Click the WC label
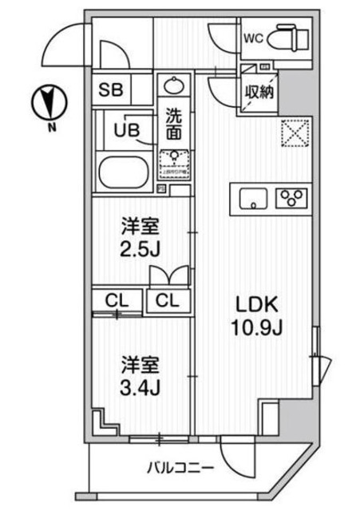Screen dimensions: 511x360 [x=253, y=37]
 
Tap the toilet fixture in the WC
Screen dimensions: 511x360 [x=285, y=36]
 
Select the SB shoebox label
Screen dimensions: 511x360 [x=111, y=89]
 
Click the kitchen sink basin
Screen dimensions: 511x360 [x=252, y=196]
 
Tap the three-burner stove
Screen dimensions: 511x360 [x=291, y=196]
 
